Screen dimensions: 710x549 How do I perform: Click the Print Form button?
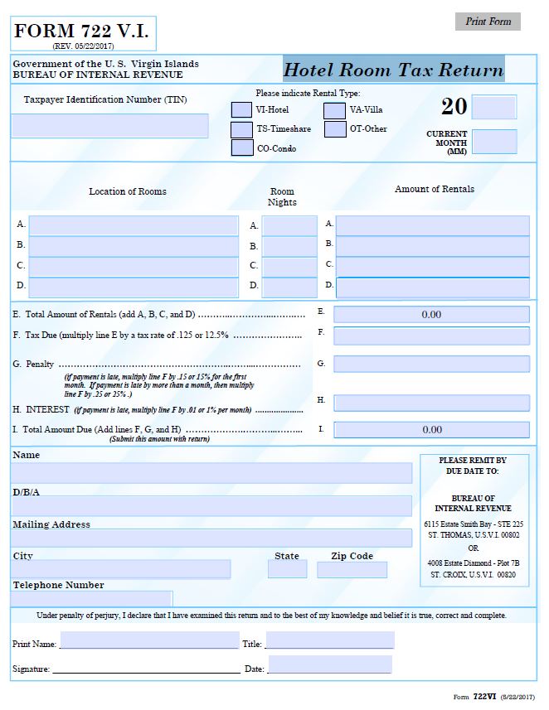[x=488, y=22]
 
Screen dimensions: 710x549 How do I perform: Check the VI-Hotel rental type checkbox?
[x=241, y=109]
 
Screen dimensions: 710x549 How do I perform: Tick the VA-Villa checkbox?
[x=335, y=110]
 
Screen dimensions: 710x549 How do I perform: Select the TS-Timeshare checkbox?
[x=241, y=129]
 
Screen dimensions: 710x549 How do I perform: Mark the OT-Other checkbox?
[x=335, y=129]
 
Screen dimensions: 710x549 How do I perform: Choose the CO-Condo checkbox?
[x=241, y=148]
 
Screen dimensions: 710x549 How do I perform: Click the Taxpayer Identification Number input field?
[x=109, y=125]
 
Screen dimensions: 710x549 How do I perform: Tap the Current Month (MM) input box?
[x=494, y=142]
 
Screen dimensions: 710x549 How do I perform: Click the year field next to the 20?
[x=494, y=107]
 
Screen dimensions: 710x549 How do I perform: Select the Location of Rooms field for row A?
[x=134, y=225]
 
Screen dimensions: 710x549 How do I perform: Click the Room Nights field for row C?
[x=289, y=267]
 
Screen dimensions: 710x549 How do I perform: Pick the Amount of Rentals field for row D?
[x=432, y=287]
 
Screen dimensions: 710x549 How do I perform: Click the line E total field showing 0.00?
[x=431, y=315]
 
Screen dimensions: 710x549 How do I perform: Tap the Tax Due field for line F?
[x=431, y=336]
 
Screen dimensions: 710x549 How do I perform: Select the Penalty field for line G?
[x=431, y=365]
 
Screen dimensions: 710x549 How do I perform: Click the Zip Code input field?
[x=352, y=570]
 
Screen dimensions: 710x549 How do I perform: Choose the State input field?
[x=287, y=570]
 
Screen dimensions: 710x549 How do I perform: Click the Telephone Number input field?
[x=92, y=598]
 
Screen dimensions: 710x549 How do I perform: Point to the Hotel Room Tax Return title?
[x=393, y=70]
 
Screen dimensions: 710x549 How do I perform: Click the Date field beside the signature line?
[x=330, y=665]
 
